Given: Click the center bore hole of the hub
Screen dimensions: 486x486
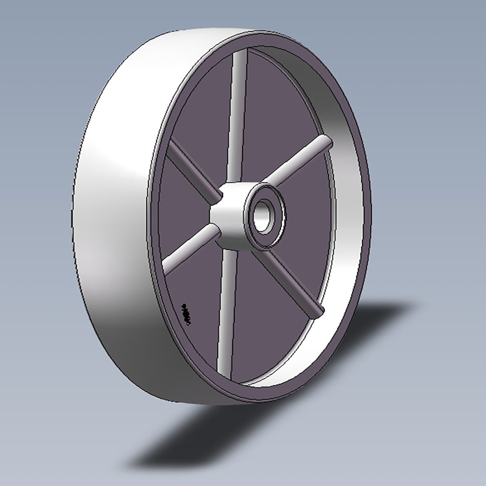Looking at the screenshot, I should pos(263,215).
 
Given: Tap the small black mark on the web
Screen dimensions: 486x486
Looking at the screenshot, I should pos(185,311).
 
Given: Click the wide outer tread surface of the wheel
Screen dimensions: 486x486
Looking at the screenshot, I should pos(112,219).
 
